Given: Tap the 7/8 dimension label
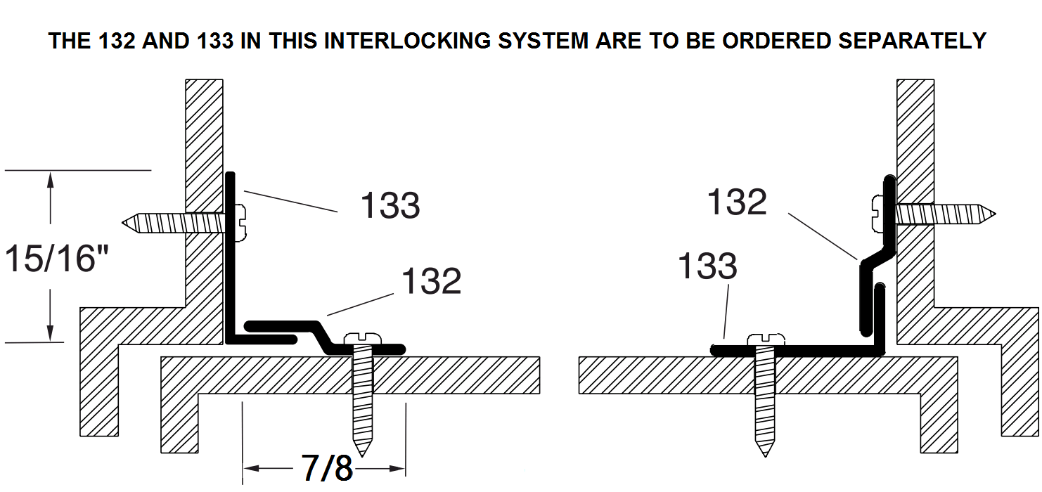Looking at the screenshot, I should pyautogui.click(x=326, y=467).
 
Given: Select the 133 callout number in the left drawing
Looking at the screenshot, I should pyautogui.click(x=390, y=206).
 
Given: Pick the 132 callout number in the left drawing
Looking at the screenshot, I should pyautogui.click(x=431, y=281).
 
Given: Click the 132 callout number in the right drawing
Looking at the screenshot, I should pyautogui.click(x=737, y=202).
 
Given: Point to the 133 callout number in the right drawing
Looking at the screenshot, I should pyautogui.click(x=707, y=267).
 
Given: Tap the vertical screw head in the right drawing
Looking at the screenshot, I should pyautogui.click(x=764, y=339).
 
